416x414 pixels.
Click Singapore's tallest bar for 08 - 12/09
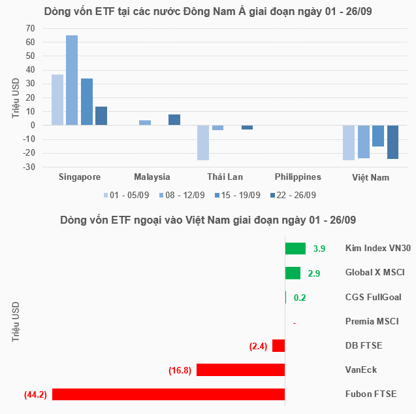click(72, 80)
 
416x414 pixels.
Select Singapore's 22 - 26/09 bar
click(101, 116)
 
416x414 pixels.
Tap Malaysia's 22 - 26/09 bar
click(174, 120)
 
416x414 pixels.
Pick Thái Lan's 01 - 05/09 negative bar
click(203, 143)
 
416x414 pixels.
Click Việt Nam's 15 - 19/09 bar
click(378, 136)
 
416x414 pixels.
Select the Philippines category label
click(298, 177)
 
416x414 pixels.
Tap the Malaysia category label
click(152, 177)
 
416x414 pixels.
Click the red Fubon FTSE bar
click(168, 394)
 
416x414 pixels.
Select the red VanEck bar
click(241, 370)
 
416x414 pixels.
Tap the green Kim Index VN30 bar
click(295, 249)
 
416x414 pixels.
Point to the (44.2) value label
click(34, 394)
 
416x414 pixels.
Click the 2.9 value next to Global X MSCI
click(313, 273)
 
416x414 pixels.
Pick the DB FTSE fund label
click(364, 345)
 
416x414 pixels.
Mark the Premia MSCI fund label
click(372, 321)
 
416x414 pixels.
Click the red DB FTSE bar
click(279, 345)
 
